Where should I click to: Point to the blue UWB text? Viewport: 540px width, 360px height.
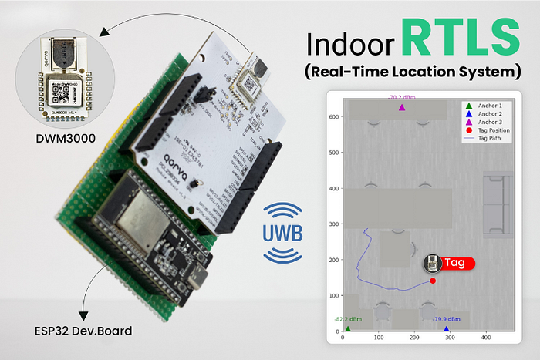coord(282,232)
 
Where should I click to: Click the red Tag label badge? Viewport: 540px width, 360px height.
coord(454,262)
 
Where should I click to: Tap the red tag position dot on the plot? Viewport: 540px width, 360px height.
coord(433,281)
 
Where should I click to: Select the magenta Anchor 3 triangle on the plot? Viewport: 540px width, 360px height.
coord(402,108)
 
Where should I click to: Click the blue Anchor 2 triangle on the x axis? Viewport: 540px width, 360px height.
coord(447,329)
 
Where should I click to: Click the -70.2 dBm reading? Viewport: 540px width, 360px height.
coord(401,98)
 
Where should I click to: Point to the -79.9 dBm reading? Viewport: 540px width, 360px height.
coord(447,319)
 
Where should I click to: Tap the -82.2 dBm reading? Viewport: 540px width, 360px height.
coord(348,319)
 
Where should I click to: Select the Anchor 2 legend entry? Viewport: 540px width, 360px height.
coord(490,113)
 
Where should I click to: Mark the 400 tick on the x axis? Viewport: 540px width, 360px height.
coord(485,338)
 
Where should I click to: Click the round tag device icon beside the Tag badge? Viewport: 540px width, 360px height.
coord(433,264)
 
